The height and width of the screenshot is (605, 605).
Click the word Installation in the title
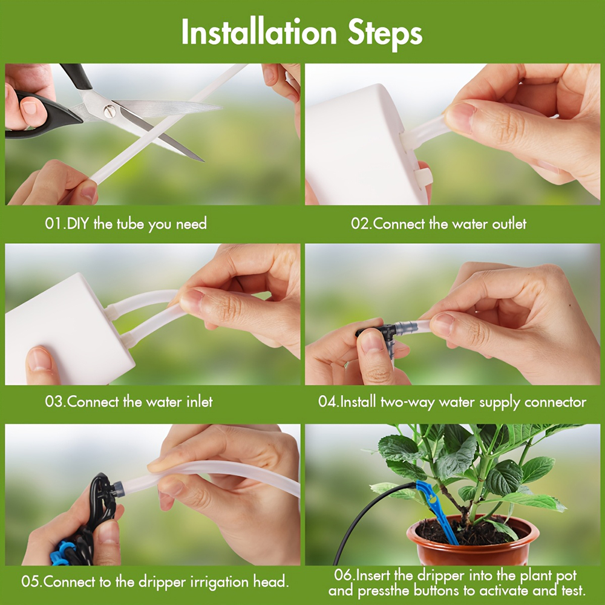(259, 32)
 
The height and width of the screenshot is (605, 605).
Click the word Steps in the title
(385, 34)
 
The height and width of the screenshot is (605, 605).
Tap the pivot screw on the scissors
(109, 111)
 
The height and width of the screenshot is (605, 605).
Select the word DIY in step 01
(78, 224)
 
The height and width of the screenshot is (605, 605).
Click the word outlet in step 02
(509, 224)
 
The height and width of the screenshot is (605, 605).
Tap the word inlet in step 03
(199, 402)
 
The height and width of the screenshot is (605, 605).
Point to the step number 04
(327, 402)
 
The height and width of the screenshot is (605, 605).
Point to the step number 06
(344, 575)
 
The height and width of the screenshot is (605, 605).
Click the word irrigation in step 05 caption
(216, 582)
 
